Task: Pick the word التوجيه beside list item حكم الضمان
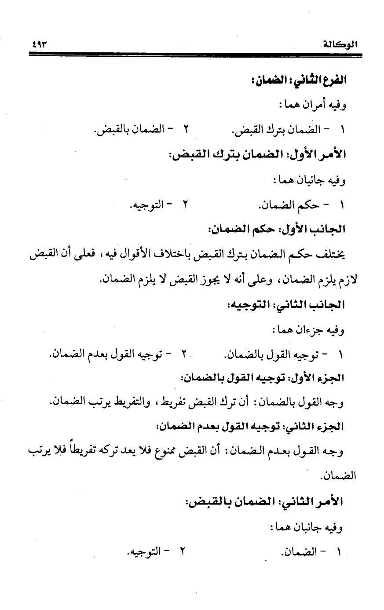(x=146, y=205)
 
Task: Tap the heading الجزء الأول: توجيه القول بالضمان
(x=263, y=377)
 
